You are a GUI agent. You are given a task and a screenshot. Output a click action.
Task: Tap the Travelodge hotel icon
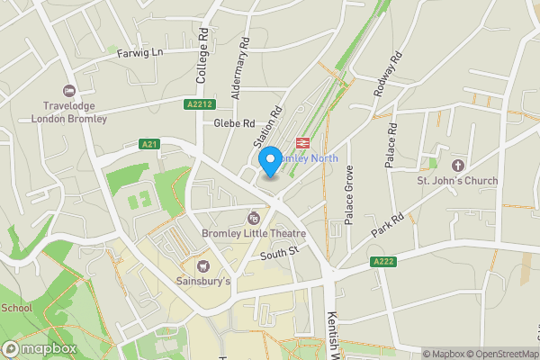(69, 91)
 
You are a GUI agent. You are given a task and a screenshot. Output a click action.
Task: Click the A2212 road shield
(200, 104)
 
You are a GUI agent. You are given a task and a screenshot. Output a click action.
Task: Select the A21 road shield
(149, 144)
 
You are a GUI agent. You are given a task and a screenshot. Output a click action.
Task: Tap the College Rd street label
(202, 53)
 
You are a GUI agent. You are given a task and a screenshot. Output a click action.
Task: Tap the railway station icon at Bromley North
(301, 141)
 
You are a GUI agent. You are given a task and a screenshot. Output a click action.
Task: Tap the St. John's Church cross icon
(457, 166)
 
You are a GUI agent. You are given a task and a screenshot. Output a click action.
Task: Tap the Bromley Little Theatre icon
(254, 218)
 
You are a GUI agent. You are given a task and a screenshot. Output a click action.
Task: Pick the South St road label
(279, 255)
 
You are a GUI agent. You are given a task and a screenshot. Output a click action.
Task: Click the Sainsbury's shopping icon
(202, 265)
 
